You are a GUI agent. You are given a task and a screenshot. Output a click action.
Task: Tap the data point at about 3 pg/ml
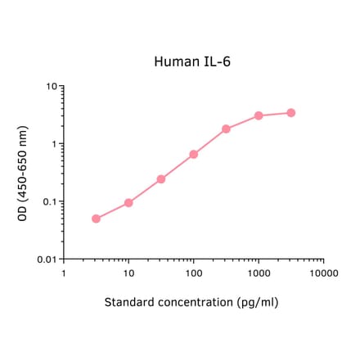(x=96, y=219)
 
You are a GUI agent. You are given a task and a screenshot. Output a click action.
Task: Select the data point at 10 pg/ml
(x=128, y=202)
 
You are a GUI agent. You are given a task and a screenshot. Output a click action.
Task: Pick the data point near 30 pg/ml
(x=161, y=178)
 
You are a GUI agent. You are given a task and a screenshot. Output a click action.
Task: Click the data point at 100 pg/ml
(x=194, y=154)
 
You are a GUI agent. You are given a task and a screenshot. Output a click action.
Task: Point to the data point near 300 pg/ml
(x=227, y=129)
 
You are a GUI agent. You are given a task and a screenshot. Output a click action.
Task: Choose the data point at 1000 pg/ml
(x=259, y=115)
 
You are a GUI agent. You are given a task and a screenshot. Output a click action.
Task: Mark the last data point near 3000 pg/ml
(x=291, y=113)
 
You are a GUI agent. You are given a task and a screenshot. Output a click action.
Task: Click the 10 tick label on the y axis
(x=50, y=86)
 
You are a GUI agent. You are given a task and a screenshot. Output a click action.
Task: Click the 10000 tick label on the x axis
(x=323, y=273)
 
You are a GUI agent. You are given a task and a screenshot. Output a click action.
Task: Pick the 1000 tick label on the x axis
(x=259, y=273)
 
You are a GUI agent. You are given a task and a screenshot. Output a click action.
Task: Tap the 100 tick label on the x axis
(x=194, y=273)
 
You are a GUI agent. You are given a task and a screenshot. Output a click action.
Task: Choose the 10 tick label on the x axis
(x=128, y=273)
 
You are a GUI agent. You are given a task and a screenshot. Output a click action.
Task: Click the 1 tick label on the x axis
(x=64, y=273)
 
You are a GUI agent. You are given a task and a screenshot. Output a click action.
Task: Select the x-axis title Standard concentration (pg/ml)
(x=191, y=302)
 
